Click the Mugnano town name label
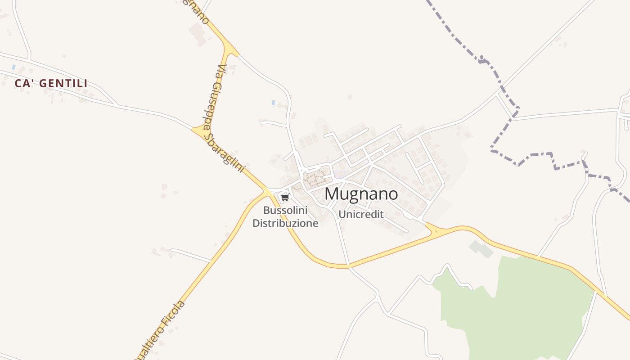click(x=361, y=194)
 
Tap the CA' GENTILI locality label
click(x=51, y=83)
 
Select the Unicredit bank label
click(x=361, y=214)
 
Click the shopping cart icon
click(x=285, y=197)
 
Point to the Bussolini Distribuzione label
click(x=285, y=216)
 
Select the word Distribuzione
click(x=285, y=223)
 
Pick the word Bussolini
click(x=285, y=210)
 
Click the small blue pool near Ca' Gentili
click(x=13, y=67)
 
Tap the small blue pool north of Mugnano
click(x=273, y=103)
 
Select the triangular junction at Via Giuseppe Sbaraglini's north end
click(x=230, y=49)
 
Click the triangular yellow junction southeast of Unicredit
click(x=434, y=230)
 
